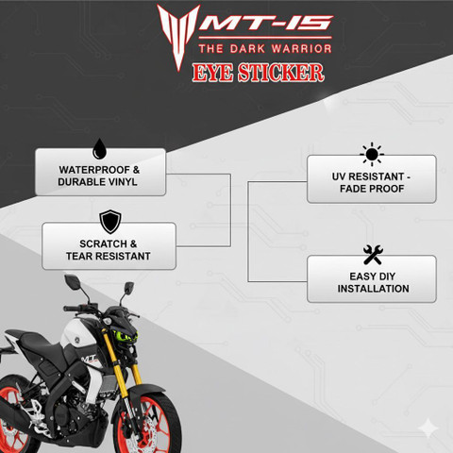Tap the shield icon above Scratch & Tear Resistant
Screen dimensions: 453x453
click(110, 222)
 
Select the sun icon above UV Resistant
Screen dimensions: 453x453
click(372, 154)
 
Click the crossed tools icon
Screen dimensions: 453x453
click(373, 255)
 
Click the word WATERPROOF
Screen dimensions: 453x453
click(94, 170)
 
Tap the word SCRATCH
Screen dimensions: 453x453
click(103, 243)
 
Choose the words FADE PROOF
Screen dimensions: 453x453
click(372, 189)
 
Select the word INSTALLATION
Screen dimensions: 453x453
click(373, 289)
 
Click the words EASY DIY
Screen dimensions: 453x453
click(373, 277)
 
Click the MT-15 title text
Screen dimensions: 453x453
click(266, 23)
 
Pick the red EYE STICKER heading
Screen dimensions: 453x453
click(258, 73)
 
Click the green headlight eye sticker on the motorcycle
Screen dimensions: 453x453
click(124, 335)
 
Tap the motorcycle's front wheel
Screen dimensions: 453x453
click(147, 425)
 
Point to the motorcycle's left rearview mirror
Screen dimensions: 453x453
click(72, 279)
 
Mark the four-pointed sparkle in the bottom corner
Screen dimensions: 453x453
click(428, 428)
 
